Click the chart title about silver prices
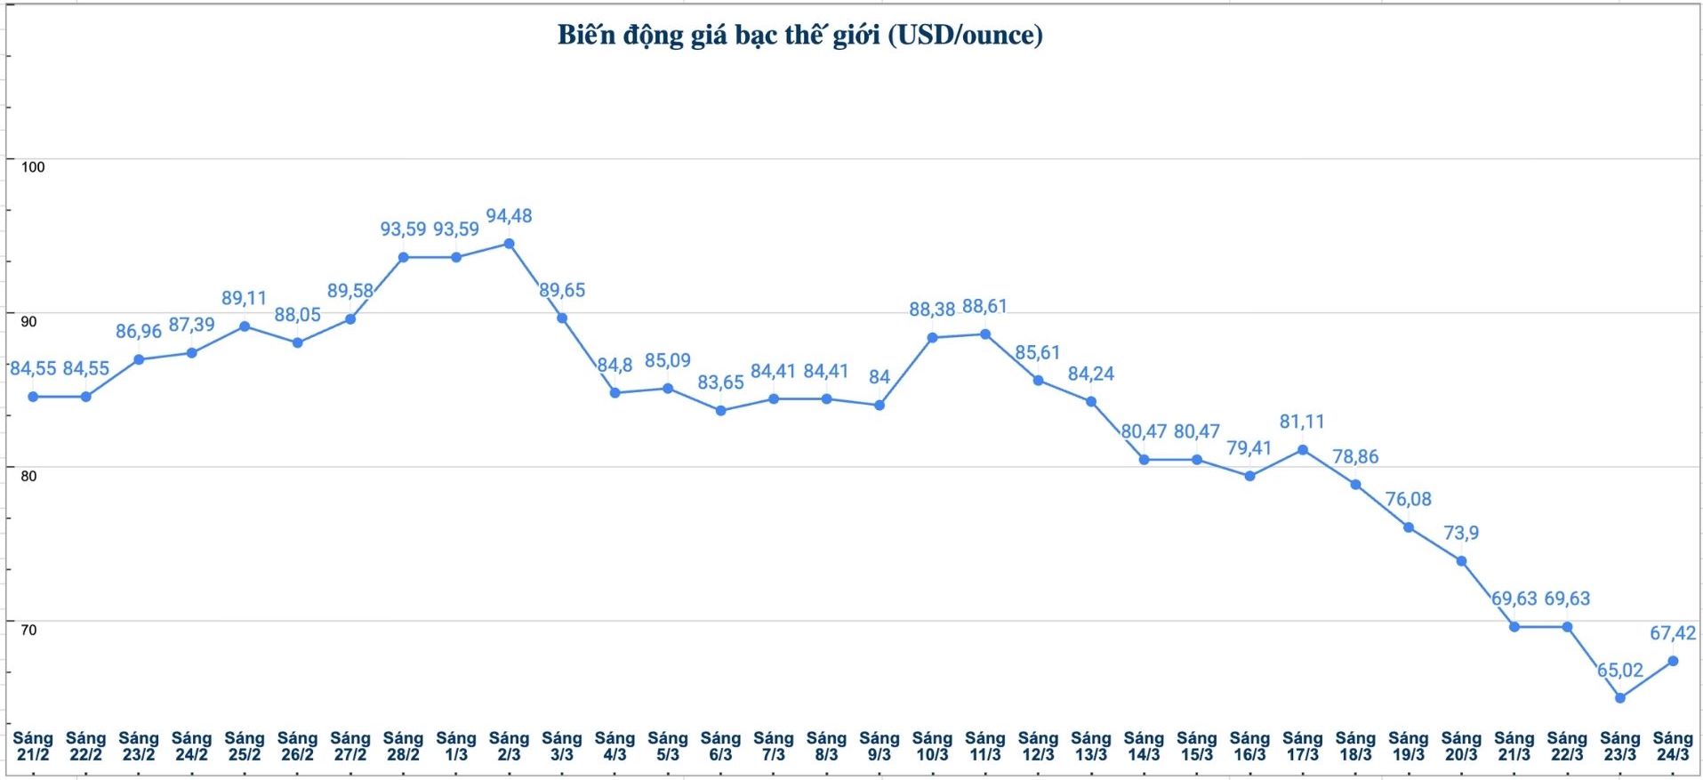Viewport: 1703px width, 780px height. tap(799, 36)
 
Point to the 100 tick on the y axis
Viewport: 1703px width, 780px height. tap(33, 167)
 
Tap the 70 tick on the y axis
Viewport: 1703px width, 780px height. tap(29, 631)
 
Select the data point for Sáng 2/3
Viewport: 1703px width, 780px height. tap(509, 244)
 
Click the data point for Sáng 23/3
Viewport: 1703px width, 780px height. tap(1619, 698)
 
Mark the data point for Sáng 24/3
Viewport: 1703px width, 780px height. tap(1673, 661)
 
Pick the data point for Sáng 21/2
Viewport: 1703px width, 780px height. tap(33, 397)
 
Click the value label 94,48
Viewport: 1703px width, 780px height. tap(509, 216)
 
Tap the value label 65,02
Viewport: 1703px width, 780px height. tap(1619, 671)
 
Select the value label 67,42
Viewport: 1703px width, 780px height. tap(1673, 633)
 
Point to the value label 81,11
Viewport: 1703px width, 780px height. tap(1302, 422)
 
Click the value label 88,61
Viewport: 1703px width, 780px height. tap(984, 307)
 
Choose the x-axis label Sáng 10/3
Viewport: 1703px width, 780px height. tap(932, 746)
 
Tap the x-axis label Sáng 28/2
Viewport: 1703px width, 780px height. tap(403, 746)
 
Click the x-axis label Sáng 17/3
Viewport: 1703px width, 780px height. tap(1302, 746)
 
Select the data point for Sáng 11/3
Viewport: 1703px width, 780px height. tap(985, 334)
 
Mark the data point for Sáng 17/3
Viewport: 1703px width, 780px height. tap(1303, 450)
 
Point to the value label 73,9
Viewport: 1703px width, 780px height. tap(1461, 533)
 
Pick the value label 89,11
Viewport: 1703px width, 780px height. tap(244, 298)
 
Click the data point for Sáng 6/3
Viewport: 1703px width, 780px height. tap(720, 411)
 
